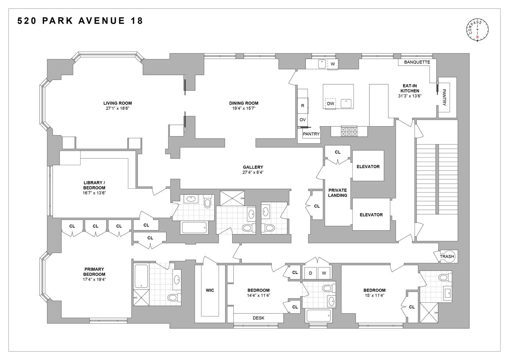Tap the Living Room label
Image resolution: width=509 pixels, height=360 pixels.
[117, 103]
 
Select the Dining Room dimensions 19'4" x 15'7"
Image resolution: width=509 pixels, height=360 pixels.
[244, 108]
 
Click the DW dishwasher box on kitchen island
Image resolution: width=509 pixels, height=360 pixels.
[330, 104]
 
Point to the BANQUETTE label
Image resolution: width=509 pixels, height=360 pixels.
[417, 62]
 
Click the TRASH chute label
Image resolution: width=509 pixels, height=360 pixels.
[447, 256]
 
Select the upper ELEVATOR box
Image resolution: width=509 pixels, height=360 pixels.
[368, 166]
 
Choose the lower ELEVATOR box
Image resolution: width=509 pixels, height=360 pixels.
[371, 215]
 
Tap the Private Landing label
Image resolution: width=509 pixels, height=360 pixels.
[337, 193]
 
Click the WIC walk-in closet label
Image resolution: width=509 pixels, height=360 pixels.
[210, 290]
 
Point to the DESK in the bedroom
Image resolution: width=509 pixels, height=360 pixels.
[258, 318]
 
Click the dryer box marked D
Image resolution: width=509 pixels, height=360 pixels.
[310, 273]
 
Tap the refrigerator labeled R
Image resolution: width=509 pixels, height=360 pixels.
[302, 106]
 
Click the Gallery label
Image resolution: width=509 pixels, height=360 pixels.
[253, 167]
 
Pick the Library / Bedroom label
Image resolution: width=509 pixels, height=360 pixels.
[94, 185]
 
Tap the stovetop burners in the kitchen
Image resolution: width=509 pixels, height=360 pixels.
[349, 131]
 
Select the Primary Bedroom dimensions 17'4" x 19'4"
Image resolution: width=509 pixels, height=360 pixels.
[94, 279]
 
